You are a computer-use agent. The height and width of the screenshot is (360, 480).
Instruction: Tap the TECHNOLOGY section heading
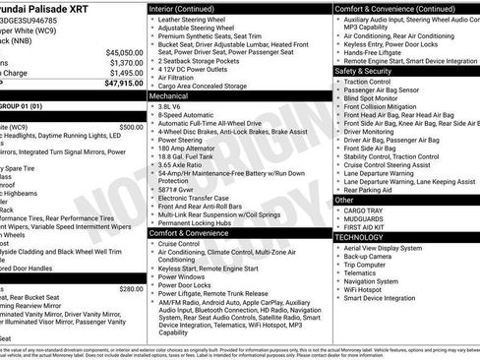coord(359,237)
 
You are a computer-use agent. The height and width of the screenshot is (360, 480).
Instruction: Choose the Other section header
coord(345,200)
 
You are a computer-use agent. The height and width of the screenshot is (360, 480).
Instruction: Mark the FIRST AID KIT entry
coord(366,227)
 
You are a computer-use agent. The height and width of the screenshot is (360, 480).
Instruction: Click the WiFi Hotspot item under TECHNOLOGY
coord(366,290)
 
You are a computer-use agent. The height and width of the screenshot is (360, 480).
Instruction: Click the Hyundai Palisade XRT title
coord(59,9)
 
